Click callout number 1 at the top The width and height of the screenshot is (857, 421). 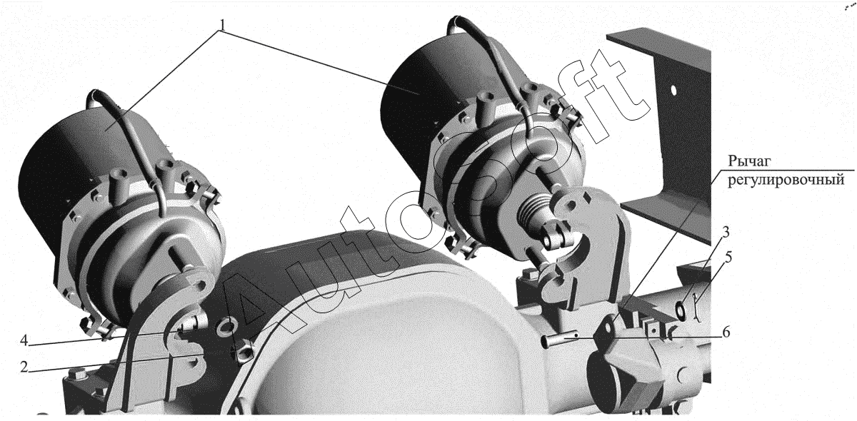[223, 24]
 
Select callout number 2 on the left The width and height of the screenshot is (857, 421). [24, 367]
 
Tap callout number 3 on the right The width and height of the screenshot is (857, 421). [725, 232]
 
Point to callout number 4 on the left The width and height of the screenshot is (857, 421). [24, 340]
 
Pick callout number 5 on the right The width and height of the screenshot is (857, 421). [728, 257]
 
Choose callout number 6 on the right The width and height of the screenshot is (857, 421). [726, 332]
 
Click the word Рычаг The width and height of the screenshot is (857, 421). [749, 161]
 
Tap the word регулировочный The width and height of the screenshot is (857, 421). [786, 179]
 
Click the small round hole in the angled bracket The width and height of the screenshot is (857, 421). [673, 91]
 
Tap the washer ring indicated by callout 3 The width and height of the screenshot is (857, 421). [681, 310]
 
